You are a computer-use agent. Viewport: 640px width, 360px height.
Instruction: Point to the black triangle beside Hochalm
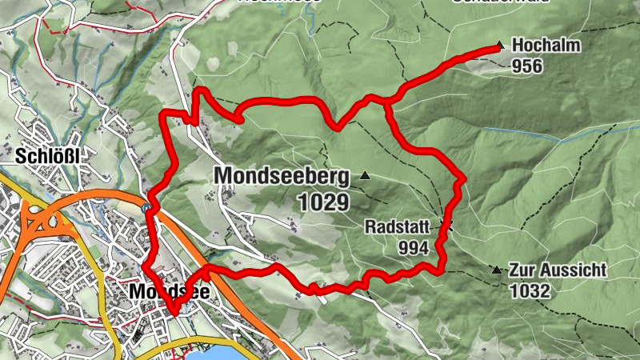tap(500, 46)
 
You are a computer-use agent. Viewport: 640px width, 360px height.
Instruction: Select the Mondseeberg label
tap(282, 175)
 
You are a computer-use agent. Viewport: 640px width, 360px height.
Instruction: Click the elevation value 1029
tap(324, 201)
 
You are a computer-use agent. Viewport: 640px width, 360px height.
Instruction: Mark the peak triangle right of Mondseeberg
tap(365, 175)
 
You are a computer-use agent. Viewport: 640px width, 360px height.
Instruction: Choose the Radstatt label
tap(402, 226)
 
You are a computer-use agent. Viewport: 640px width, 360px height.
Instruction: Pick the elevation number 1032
tap(529, 290)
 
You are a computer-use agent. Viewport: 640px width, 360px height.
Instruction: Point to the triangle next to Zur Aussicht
tap(497, 270)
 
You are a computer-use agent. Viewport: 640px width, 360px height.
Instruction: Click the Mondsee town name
tap(169, 293)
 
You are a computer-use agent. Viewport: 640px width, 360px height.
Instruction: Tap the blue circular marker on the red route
tap(146, 208)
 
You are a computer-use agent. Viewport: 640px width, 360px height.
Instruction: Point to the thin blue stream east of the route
tap(560, 134)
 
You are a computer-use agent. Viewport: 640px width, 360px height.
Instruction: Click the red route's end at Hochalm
tap(496, 50)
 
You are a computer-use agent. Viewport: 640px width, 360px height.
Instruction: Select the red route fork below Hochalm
tap(386, 102)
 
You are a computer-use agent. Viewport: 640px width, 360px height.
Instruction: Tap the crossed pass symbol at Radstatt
tap(448, 226)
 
